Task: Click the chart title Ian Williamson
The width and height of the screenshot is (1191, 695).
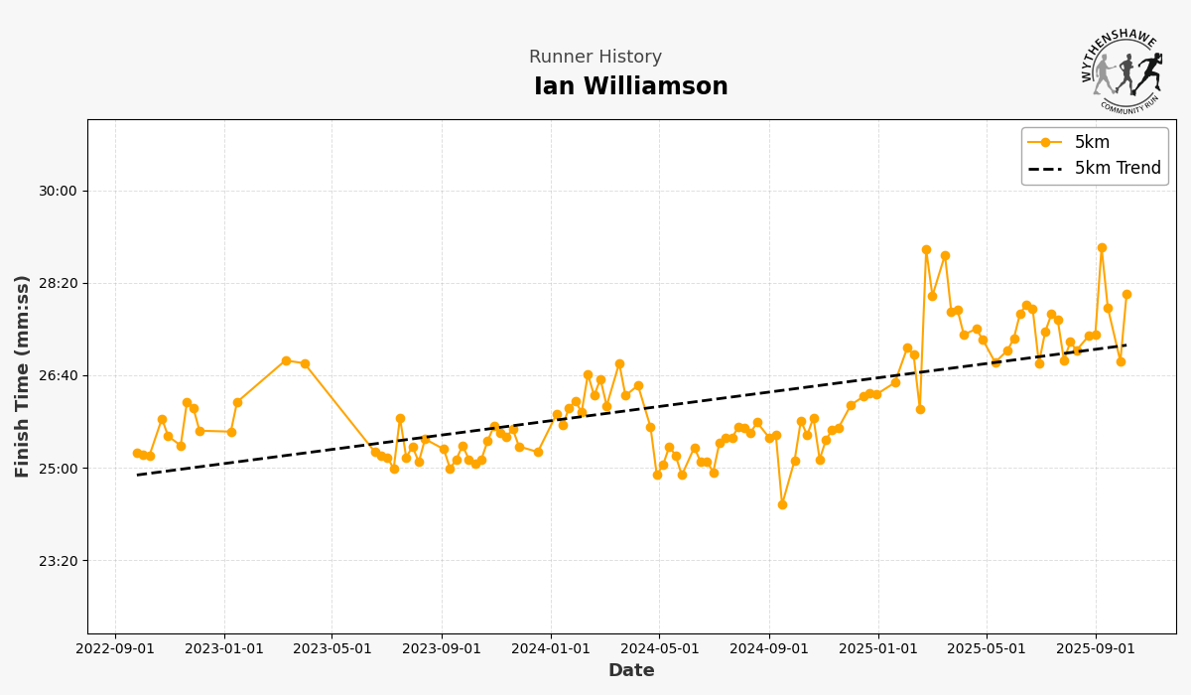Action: [x=630, y=87]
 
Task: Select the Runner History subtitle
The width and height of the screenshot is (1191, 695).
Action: [x=595, y=58]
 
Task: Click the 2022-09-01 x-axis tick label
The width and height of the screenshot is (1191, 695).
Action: [x=115, y=649]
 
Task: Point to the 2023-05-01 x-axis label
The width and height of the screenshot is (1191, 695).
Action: [x=331, y=649]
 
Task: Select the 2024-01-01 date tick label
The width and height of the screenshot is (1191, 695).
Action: [x=551, y=649]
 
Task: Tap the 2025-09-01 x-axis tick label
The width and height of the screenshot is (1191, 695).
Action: [x=1096, y=649]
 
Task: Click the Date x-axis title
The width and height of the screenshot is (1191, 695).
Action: [x=630, y=671]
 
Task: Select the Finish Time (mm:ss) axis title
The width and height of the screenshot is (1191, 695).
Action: [x=23, y=376]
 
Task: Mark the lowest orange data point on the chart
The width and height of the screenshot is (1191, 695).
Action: [x=782, y=504]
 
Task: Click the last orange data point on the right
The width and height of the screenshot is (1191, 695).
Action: [x=1126, y=294]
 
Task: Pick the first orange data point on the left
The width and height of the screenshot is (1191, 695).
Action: [x=137, y=453]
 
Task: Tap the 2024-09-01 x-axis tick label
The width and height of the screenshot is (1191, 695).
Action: [x=769, y=649]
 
